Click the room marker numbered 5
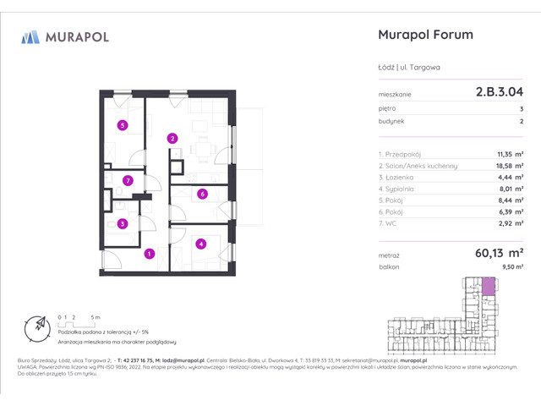(123, 126)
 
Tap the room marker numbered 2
(172, 138)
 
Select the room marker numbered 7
(128, 180)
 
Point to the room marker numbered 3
(123, 224)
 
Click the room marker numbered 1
(149, 253)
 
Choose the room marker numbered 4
(200, 244)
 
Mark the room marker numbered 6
(202, 194)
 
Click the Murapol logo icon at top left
(30, 36)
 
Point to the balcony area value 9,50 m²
(511, 266)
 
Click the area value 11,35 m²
(508, 154)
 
